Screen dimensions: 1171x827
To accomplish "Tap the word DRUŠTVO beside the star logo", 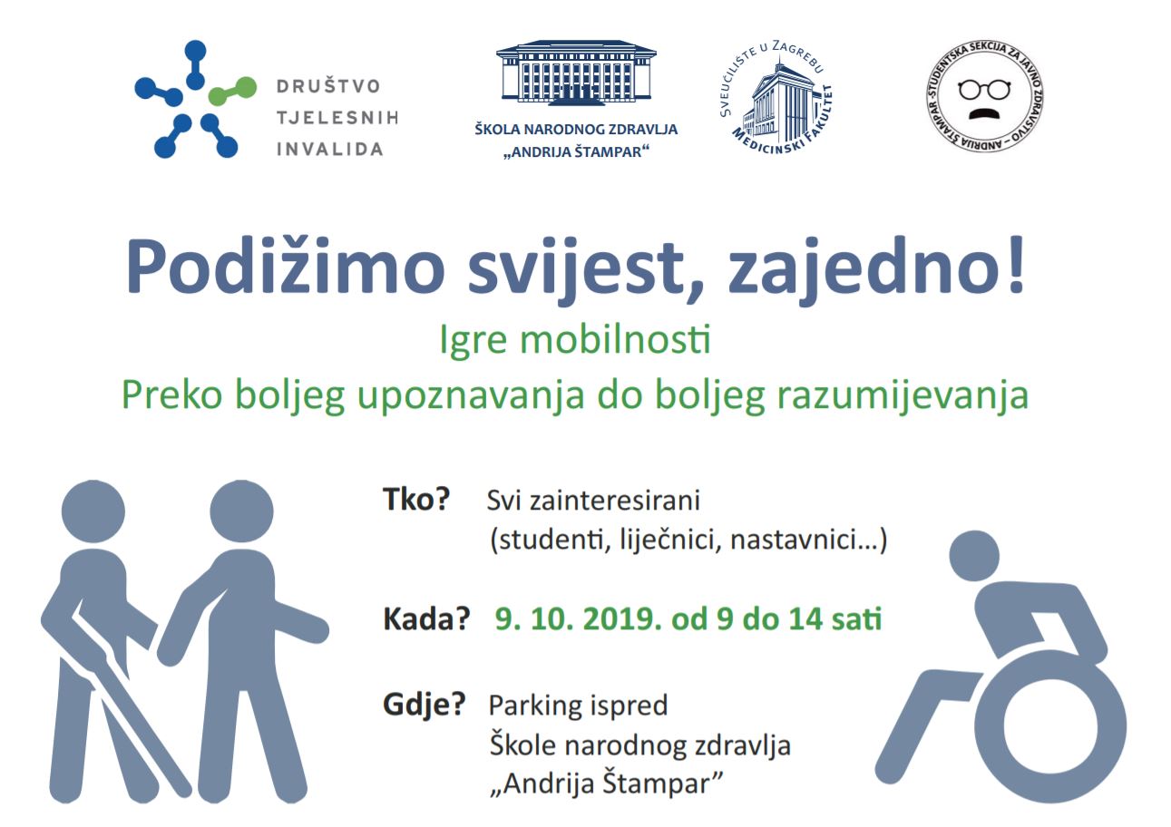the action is [x=328, y=86].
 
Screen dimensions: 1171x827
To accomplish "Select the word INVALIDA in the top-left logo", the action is [x=330, y=150].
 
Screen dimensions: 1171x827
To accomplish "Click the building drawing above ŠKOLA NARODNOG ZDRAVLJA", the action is [x=576, y=73].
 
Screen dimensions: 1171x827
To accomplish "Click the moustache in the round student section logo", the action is [x=984, y=113].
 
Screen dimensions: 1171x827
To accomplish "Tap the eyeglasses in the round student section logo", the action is [x=984, y=89].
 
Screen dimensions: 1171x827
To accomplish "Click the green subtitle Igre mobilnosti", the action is [x=575, y=341].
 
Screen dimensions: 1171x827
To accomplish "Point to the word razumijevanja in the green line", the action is [x=903, y=397].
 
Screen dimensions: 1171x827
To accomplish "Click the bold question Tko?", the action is [x=416, y=500].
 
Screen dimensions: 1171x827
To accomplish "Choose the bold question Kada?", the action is [x=426, y=619].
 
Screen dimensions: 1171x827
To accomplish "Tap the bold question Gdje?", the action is [x=424, y=706].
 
